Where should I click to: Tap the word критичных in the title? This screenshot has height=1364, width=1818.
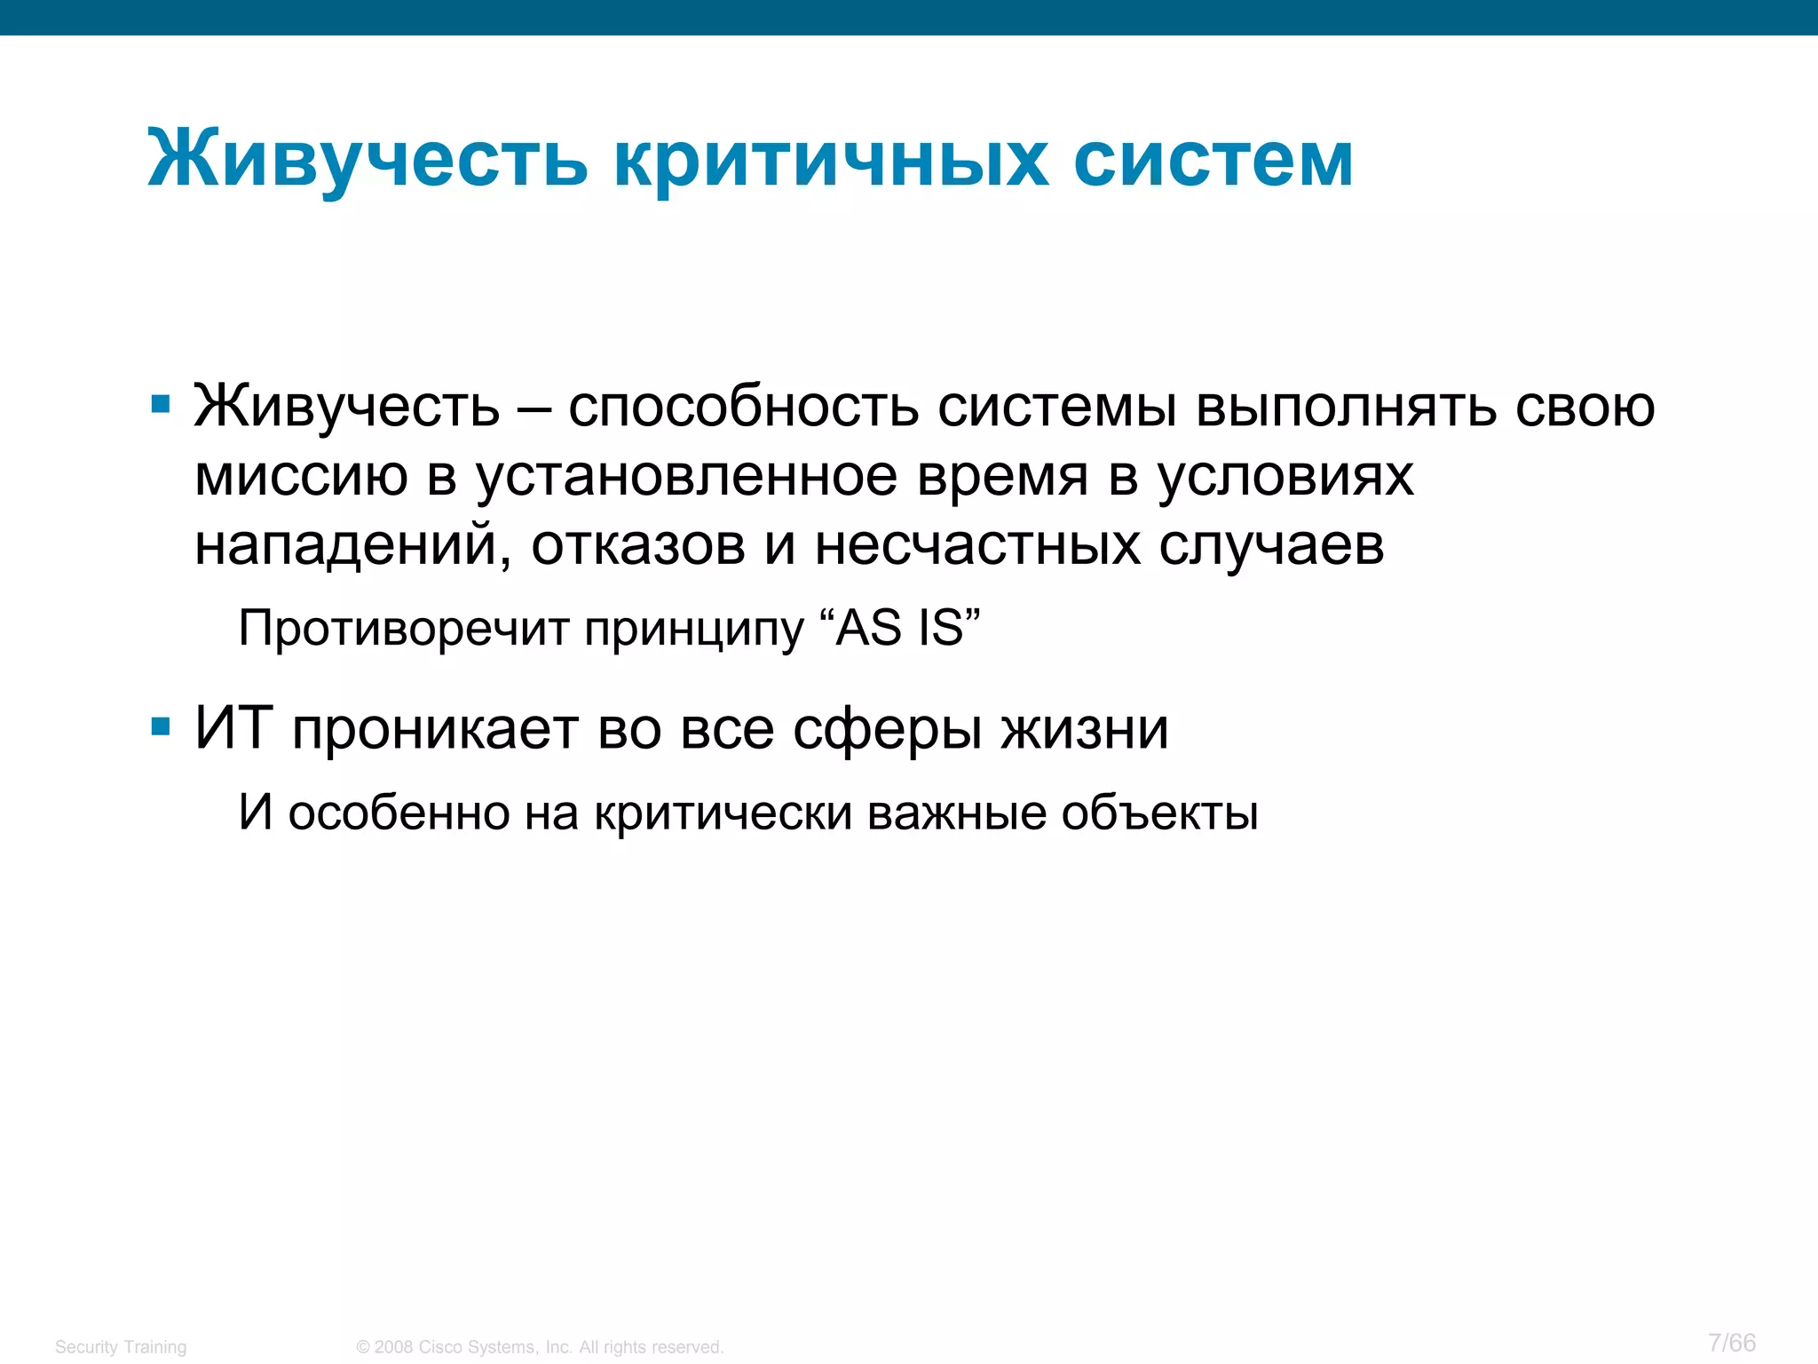pos(830,161)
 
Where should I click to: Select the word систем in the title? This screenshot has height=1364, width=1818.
pos(1213,161)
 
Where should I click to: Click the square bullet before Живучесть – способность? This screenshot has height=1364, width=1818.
pos(161,406)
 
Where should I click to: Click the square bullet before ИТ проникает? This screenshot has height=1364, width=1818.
pos(161,728)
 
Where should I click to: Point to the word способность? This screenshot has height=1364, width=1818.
pos(744,408)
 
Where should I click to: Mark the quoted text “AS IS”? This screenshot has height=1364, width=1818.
pos(907,629)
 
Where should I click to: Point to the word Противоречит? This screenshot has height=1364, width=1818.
pos(404,629)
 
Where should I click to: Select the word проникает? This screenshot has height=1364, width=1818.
pos(436,730)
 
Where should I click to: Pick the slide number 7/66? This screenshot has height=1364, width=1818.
pos(1731,1342)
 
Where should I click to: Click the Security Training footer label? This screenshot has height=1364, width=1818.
pos(121,1347)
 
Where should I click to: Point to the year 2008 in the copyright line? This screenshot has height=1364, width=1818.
pos(393,1347)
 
